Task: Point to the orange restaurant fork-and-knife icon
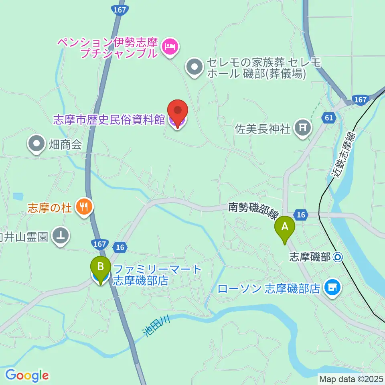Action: [84, 207]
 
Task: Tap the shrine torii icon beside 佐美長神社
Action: [302, 128]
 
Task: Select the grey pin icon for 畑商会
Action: [37, 143]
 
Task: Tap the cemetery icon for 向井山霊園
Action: [61, 235]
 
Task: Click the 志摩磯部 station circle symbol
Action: [338, 257]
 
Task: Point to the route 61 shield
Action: [328, 118]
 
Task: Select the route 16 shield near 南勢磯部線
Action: [301, 215]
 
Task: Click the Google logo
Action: [27, 375]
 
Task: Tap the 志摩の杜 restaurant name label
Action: [49, 207]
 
